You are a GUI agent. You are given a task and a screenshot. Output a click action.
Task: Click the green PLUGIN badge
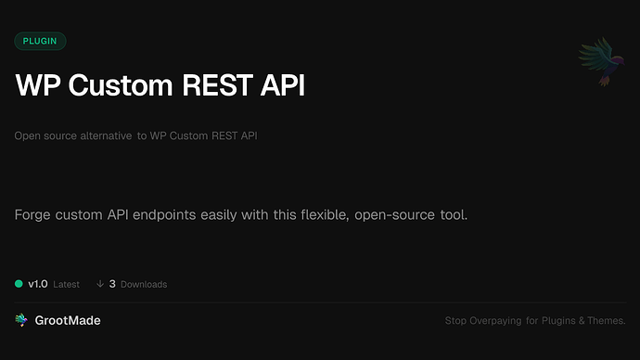pos(40,41)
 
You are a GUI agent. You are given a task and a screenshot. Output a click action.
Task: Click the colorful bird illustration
pos(597,62)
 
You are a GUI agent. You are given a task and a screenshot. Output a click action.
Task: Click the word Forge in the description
pos(33,215)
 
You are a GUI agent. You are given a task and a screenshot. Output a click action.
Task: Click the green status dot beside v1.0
pos(19,284)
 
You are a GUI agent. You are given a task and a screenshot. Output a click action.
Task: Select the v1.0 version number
pos(37,284)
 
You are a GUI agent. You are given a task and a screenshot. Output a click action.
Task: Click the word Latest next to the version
pos(66,284)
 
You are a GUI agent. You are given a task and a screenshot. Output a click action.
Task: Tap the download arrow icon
pos(99,284)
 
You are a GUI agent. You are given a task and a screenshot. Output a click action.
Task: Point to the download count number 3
pos(112,284)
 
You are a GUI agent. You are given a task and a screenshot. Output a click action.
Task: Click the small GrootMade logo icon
pos(21,320)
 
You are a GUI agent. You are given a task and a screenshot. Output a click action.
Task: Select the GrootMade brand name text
pos(68,320)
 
